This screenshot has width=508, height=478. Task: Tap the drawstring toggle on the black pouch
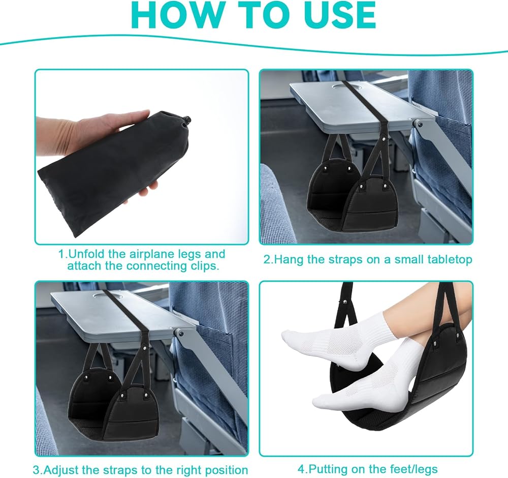point(186,122)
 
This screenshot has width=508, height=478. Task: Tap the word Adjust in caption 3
point(61,470)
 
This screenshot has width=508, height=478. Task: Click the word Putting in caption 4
point(326,469)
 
